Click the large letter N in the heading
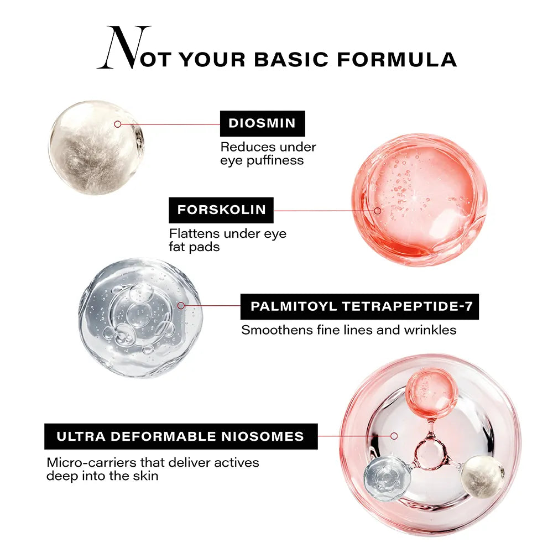[x=124, y=47]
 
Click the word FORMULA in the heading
[x=397, y=59]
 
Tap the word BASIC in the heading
[x=291, y=59]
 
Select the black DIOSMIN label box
[x=262, y=123]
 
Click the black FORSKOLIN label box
[x=221, y=210]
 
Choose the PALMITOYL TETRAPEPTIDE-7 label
[x=360, y=306]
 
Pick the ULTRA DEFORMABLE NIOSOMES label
[x=181, y=436]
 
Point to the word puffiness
[x=275, y=160]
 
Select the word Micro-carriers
[x=92, y=462]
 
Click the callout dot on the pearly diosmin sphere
[x=118, y=124]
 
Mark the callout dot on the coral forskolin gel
[x=377, y=211]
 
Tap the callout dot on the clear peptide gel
[x=181, y=305]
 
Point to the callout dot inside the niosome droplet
[x=394, y=436]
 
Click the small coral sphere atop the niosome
[x=432, y=393]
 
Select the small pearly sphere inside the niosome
[x=482, y=476]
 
